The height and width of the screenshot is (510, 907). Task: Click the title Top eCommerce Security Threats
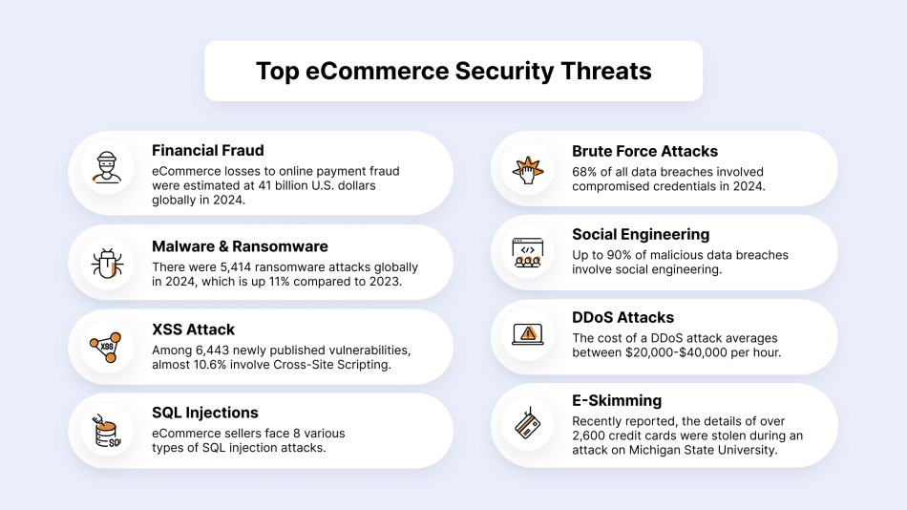(x=453, y=72)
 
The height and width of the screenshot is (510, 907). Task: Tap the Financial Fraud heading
(x=208, y=151)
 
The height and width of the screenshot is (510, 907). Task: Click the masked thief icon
(x=107, y=168)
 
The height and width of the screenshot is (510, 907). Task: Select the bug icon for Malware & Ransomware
(x=107, y=264)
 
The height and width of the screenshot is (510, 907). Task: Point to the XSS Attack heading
(x=193, y=329)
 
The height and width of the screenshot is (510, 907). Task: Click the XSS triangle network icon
(x=106, y=348)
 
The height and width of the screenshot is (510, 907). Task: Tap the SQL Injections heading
(x=204, y=413)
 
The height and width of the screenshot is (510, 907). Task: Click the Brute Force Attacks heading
(x=645, y=151)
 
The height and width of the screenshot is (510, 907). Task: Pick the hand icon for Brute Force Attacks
(x=528, y=170)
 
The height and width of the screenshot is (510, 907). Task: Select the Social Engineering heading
(x=641, y=234)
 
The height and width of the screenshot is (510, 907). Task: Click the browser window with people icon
(x=528, y=253)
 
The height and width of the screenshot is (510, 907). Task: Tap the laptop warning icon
(x=528, y=334)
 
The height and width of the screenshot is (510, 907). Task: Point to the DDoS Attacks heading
(x=623, y=317)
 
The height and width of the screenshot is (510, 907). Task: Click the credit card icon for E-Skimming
(x=528, y=423)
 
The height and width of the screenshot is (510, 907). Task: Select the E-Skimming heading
(x=617, y=400)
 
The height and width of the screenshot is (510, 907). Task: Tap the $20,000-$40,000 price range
(x=674, y=352)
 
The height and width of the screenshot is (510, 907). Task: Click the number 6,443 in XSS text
(x=212, y=351)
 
